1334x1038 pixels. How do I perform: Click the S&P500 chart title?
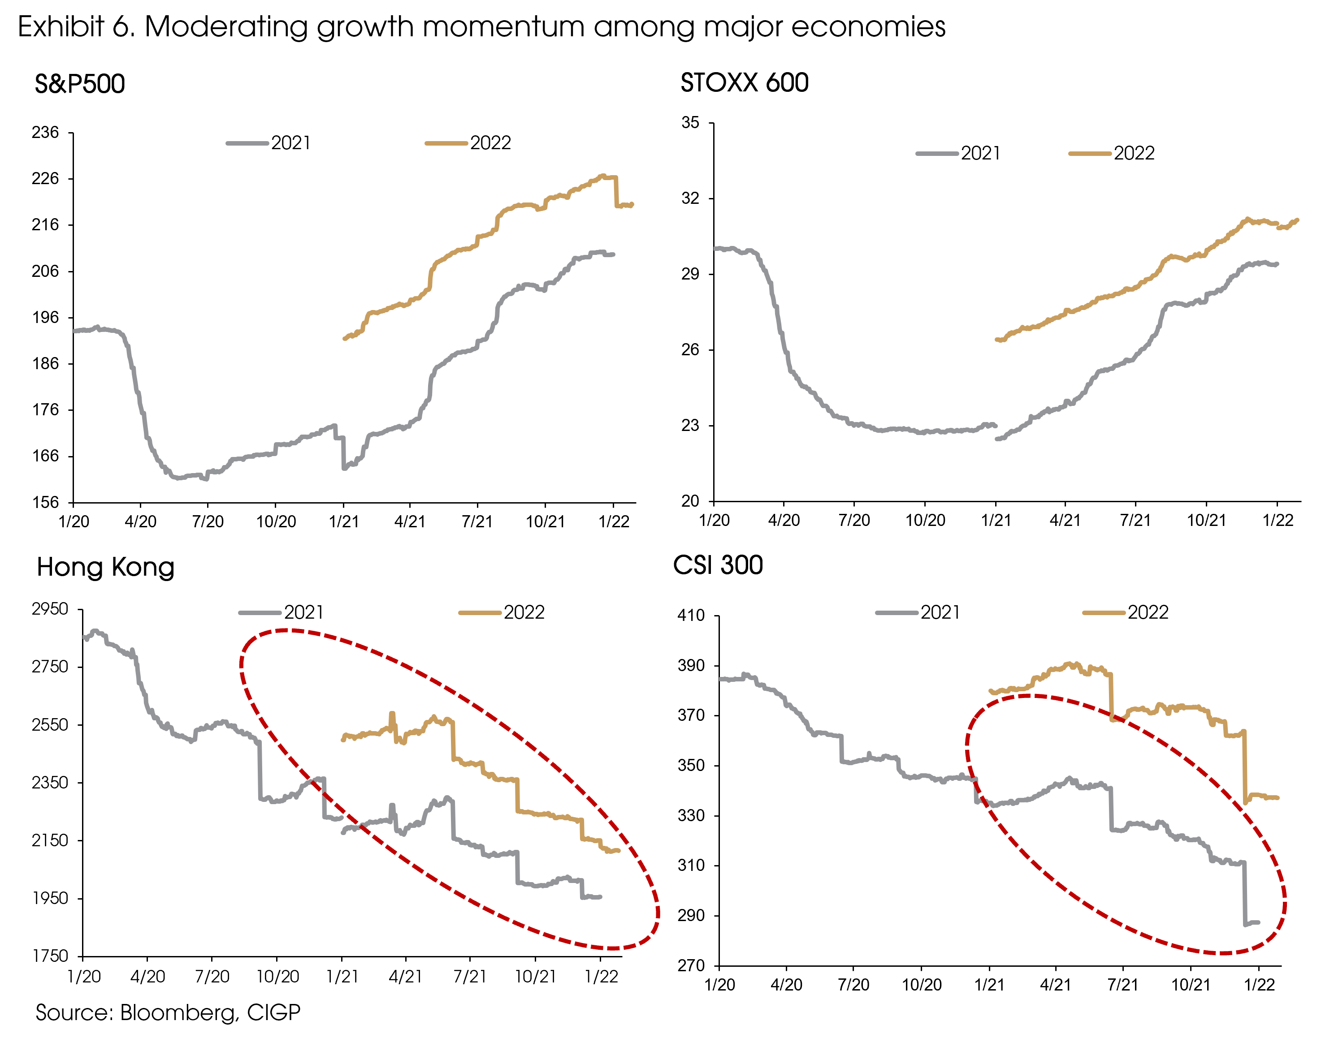click(x=79, y=84)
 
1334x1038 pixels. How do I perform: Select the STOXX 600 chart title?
click(x=744, y=83)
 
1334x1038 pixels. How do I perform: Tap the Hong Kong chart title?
click(x=106, y=567)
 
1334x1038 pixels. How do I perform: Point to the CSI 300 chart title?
click(x=718, y=565)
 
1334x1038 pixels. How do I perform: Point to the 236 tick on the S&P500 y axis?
click(x=45, y=133)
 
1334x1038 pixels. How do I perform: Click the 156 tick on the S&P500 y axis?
click(x=45, y=502)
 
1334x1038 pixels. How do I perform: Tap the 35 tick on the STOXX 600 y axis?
click(x=690, y=123)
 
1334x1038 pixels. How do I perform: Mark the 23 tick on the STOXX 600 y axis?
click(x=690, y=426)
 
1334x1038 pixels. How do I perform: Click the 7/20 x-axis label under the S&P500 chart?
click(x=208, y=522)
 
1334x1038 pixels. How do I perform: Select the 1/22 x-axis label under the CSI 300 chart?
click(x=1260, y=985)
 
